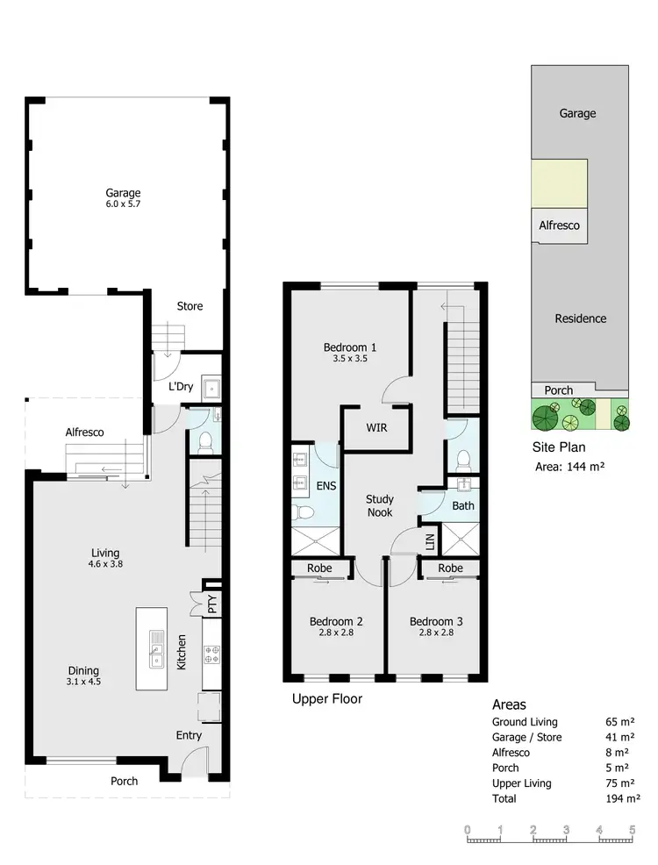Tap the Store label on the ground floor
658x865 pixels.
pyautogui.click(x=190, y=306)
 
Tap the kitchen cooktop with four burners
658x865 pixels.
pyautogui.click(x=211, y=654)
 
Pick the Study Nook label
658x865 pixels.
pyautogui.click(x=379, y=505)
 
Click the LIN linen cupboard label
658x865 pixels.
pyautogui.click(x=429, y=542)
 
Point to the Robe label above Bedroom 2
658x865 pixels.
pyautogui.click(x=319, y=568)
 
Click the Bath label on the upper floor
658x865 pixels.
pyautogui.click(x=462, y=506)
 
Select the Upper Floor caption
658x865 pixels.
pyautogui.click(x=326, y=699)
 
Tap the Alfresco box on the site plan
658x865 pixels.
pyautogui.click(x=559, y=225)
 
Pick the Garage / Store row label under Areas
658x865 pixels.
pyautogui.click(x=526, y=738)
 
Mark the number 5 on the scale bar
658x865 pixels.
pyautogui.click(x=632, y=829)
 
